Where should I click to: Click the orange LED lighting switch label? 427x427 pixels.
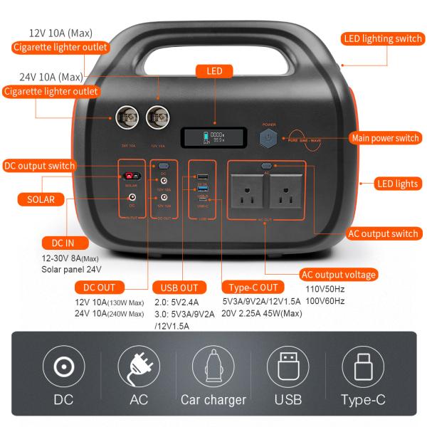point(382,38)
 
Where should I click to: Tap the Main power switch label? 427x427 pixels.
point(384,138)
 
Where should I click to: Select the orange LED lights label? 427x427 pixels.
point(396,184)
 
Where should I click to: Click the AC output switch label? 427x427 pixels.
point(384,233)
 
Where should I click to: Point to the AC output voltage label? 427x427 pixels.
point(338,275)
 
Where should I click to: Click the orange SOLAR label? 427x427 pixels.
point(41,199)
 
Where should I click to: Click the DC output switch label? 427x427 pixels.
point(39,166)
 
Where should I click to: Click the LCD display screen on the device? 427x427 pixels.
point(213,137)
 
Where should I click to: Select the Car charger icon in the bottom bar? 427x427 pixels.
point(213,367)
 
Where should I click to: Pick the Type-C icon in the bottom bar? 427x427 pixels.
point(363,367)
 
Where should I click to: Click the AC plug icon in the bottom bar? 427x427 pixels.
point(139,367)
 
